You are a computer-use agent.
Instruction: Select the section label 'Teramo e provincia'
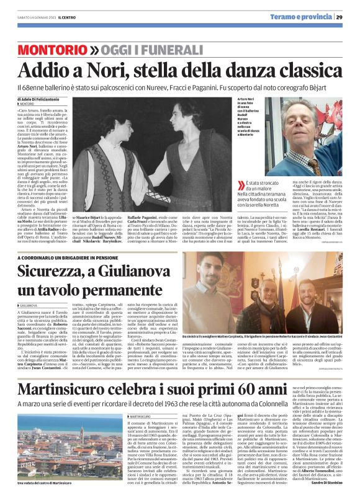click(x=300, y=17)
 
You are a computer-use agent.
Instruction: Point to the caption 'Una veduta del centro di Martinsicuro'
click(x=43, y=480)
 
